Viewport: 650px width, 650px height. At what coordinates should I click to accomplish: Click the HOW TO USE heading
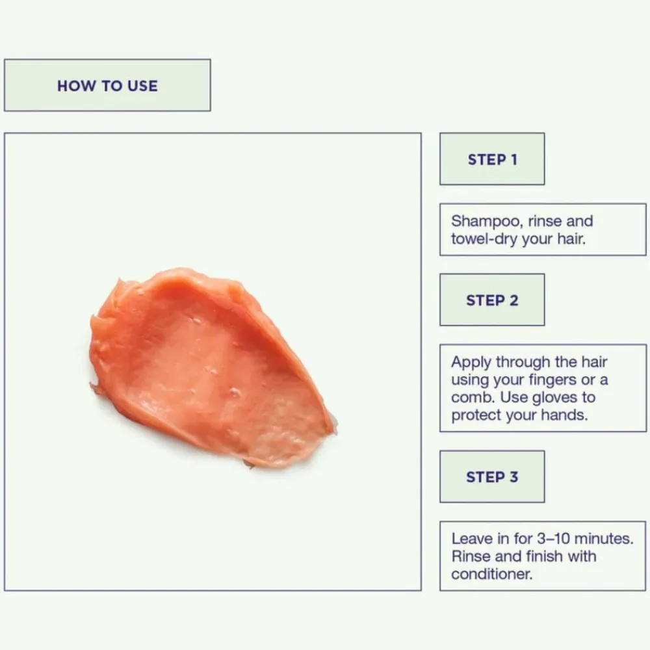pyautogui.click(x=107, y=86)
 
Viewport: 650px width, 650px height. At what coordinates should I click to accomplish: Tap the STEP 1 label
pyautogui.click(x=492, y=160)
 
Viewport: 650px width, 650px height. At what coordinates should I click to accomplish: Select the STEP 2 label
pyautogui.click(x=492, y=300)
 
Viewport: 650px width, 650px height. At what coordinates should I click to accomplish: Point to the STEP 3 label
pyautogui.click(x=492, y=476)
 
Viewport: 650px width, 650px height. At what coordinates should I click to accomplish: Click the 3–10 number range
pyautogui.click(x=553, y=538)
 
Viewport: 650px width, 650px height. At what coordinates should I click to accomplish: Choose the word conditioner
pyautogui.click(x=491, y=574)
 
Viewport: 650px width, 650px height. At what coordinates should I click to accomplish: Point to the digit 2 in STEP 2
pyautogui.click(x=513, y=300)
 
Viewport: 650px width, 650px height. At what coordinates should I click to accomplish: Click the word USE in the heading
pyautogui.click(x=142, y=86)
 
